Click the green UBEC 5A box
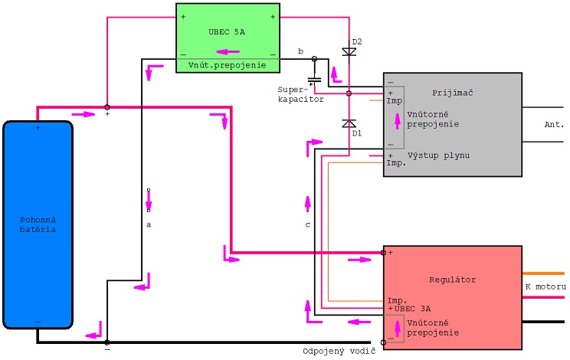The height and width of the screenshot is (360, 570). click(x=228, y=38)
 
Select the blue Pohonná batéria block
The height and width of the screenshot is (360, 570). click(x=38, y=225)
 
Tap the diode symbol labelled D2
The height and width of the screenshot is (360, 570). click(x=349, y=52)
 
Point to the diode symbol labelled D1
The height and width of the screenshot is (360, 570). click(x=349, y=123)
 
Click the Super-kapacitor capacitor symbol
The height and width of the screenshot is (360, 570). click(x=314, y=79)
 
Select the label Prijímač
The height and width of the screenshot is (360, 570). click(x=453, y=93)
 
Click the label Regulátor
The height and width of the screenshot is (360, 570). click(x=453, y=280)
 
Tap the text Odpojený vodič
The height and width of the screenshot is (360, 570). click(x=339, y=352)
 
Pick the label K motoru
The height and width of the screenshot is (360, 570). click(x=545, y=286)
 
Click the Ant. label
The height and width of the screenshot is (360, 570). click(x=554, y=125)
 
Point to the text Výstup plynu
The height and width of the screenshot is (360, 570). click(x=438, y=155)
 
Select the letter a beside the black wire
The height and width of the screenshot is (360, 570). click(x=149, y=225)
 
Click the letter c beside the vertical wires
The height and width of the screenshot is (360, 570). click(x=307, y=225)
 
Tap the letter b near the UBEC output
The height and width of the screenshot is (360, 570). click(x=300, y=51)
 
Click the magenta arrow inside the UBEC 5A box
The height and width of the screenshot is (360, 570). click(x=228, y=52)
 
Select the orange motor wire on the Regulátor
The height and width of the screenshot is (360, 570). click(x=543, y=273)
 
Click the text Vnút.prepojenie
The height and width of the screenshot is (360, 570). click(x=228, y=65)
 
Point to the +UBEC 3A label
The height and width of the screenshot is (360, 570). click(x=409, y=309)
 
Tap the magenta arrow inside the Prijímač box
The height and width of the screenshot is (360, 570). click(x=398, y=121)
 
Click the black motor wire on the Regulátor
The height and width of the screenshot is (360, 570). click(x=543, y=322)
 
